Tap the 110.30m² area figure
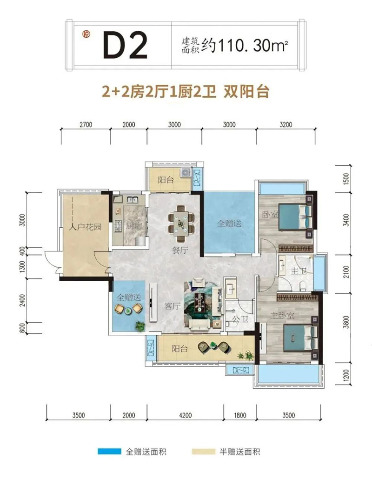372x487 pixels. coord(253,46)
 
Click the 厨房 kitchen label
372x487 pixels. coord(134,226)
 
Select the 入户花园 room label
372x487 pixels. coord(85,226)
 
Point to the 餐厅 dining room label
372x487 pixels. coord(180,250)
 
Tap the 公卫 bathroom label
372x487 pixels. coord(240,318)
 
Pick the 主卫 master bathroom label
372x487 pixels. coord(299,271)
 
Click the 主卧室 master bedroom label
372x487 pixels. coord(282,316)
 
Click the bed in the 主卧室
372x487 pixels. coord(300,338)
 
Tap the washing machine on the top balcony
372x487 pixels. coord(186,172)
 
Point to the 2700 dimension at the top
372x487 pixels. coord(86,125)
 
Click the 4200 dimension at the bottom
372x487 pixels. coord(185,415)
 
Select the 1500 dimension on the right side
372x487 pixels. coord(346,179)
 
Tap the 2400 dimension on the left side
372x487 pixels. coord(22,301)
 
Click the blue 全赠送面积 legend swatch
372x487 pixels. coord(109,452)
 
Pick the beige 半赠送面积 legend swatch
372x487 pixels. coord(203,452)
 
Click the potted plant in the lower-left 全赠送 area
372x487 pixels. coord(140,325)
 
